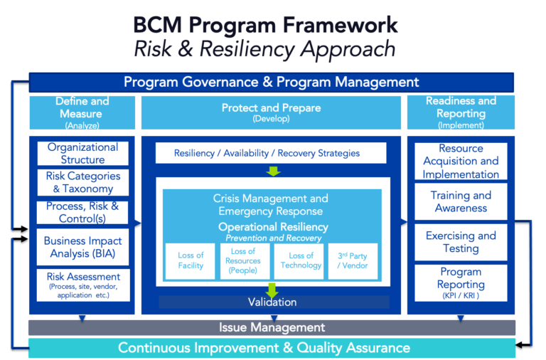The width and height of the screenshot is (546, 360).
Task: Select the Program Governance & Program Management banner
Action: pyautogui.click(x=271, y=82)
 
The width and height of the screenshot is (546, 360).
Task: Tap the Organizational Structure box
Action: pyautogui.click(x=82, y=154)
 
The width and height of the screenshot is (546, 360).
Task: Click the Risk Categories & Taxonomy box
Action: pyautogui.click(x=82, y=182)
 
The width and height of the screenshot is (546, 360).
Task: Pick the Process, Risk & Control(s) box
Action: pyautogui.click(x=82, y=212)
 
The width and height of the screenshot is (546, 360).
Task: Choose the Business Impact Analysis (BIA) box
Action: pyautogui.click(x=82, y=247)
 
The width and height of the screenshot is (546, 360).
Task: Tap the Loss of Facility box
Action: pyautogui.click(x=190, y=260)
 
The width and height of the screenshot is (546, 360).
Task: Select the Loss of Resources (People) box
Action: pyautogui.click(x=244, y=260)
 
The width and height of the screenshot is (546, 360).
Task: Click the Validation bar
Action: pyautogui.click(x=272, y=302)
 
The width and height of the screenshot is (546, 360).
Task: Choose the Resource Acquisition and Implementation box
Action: pyautogui.click(x=461, y=162)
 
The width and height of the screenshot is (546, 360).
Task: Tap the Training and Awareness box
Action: pyautogui.click(x=461, y=201)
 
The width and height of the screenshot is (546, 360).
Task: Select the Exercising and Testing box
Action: pyautogui.click(x=461, y=242)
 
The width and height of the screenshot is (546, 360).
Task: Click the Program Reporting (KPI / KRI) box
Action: pyautogui.click(x=461, y=282)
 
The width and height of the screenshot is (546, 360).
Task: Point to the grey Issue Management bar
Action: pyautogui.click(x=272, y=327)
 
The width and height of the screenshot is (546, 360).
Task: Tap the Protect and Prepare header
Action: pyautogui.click(x=271, y=112)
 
